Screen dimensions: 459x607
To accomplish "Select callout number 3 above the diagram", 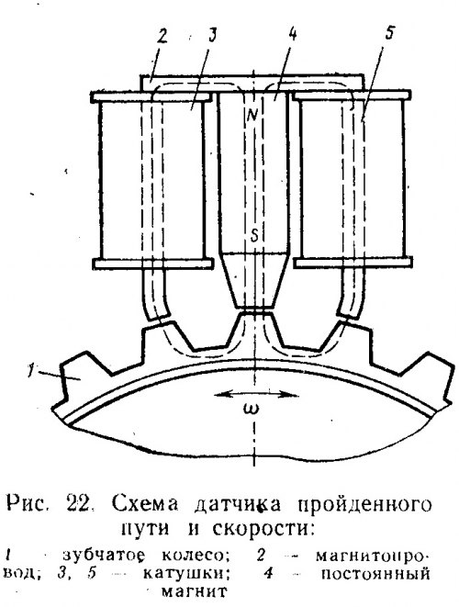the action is tap(211, 36).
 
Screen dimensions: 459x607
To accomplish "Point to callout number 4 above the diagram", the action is tap(292, 34).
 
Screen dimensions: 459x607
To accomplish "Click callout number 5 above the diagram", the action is tap(388, 33).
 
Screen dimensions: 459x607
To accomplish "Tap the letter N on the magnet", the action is tap(254, 113).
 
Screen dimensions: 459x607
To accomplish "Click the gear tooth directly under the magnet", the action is tap(254, 329).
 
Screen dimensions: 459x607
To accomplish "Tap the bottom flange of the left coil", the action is tap(153, 264).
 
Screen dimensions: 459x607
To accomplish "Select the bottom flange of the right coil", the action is tap(353, 263).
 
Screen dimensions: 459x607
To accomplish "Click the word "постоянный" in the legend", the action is tap(375, 573).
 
